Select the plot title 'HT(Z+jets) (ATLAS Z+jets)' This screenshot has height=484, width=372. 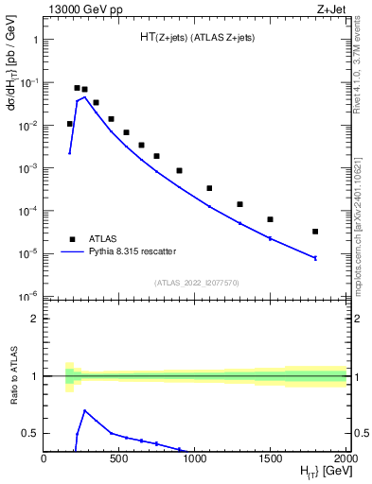click(x=197, y=38)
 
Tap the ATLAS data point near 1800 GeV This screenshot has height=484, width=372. click(x=315, y=232)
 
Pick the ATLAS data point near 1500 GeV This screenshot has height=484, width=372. click(x=270, y=219)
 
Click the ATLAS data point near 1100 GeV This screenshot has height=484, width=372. click(x=209, y=188)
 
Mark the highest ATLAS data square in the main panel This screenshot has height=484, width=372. click(x=77, y=88)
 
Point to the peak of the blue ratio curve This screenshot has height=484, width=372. click(x=85, y=411)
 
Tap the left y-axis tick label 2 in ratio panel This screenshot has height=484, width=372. click(x=35, y=320)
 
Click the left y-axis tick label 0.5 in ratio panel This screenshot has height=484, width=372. click(x=30, y=434)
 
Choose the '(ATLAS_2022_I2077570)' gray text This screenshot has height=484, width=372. click(x=195, y=282)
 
